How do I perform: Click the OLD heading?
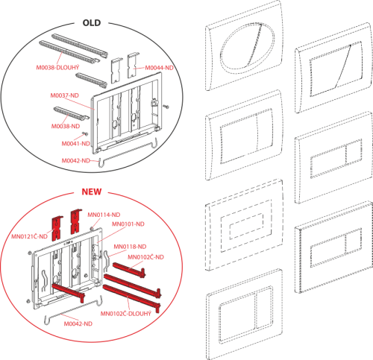pos(92,23)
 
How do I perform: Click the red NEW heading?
pos(92,192)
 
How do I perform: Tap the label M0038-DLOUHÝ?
pos(57,67)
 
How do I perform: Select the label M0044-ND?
pos(159,68)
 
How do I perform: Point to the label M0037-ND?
pos(65,95)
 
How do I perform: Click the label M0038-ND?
pos(66,126)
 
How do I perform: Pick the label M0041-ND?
pos(75,144)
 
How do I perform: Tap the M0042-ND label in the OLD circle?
pos(75,161)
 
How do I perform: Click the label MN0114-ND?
pos(104,215)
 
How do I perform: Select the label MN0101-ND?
pos(128,224)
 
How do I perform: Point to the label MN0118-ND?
pos(130,247)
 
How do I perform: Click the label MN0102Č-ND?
pos(145,257)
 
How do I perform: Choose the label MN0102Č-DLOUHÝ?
pos(126,314)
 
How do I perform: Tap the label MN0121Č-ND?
pos(29,236)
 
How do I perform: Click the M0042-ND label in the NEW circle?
pos(78,323)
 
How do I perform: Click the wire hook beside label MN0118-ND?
pos(107,261)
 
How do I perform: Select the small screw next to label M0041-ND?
pos(86,133)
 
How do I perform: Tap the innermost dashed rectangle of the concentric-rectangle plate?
pos(230,232)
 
